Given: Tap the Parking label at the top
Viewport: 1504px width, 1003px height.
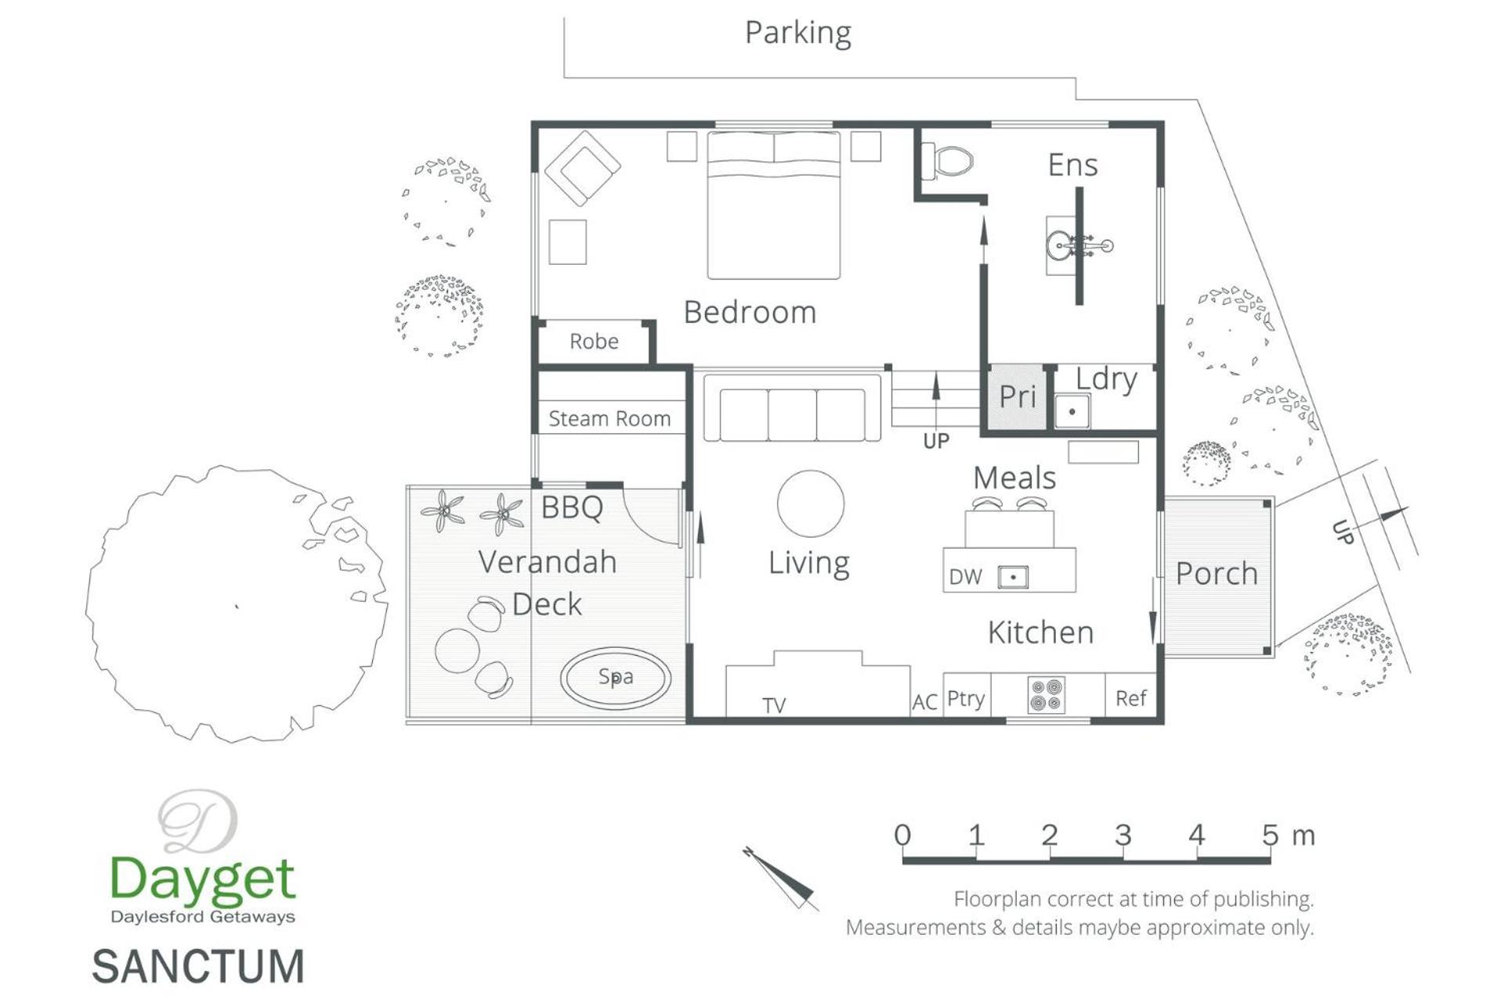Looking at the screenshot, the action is pos(797,33).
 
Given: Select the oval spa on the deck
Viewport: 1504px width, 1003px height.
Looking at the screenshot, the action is pos(616,678).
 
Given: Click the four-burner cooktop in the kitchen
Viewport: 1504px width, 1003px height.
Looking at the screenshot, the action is pos(1046,695).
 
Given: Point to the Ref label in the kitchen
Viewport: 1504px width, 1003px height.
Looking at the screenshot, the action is pos(1130,698).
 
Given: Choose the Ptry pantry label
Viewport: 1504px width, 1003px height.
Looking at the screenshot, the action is pos(965,698).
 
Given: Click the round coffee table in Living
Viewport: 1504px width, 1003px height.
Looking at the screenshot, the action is pos(811,504).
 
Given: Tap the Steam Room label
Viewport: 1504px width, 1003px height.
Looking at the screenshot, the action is pos(609,418).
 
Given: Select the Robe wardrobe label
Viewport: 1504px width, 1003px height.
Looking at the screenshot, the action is pos(594,342).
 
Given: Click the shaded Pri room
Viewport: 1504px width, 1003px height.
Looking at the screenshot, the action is pos(1017,397).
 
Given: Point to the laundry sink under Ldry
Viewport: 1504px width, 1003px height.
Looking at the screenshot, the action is pos(1072,411).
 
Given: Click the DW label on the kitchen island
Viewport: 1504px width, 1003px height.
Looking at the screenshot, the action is pos(965,577).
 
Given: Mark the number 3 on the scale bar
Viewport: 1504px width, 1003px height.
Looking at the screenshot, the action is pos(1123,835).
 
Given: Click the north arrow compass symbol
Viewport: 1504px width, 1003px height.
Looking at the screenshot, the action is pos(781,878).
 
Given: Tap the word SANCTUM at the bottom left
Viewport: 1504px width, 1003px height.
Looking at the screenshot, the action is pos(198,966).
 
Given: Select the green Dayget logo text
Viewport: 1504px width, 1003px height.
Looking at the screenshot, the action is pos(202,878).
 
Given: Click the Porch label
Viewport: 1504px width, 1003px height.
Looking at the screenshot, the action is pos(1217,574).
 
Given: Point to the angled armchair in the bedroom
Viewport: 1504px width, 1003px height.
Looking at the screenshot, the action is pos(583,168).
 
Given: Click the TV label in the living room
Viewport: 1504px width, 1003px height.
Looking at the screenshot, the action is pos(774,706).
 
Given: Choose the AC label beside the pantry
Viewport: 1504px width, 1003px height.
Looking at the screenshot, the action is pos(924,702).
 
